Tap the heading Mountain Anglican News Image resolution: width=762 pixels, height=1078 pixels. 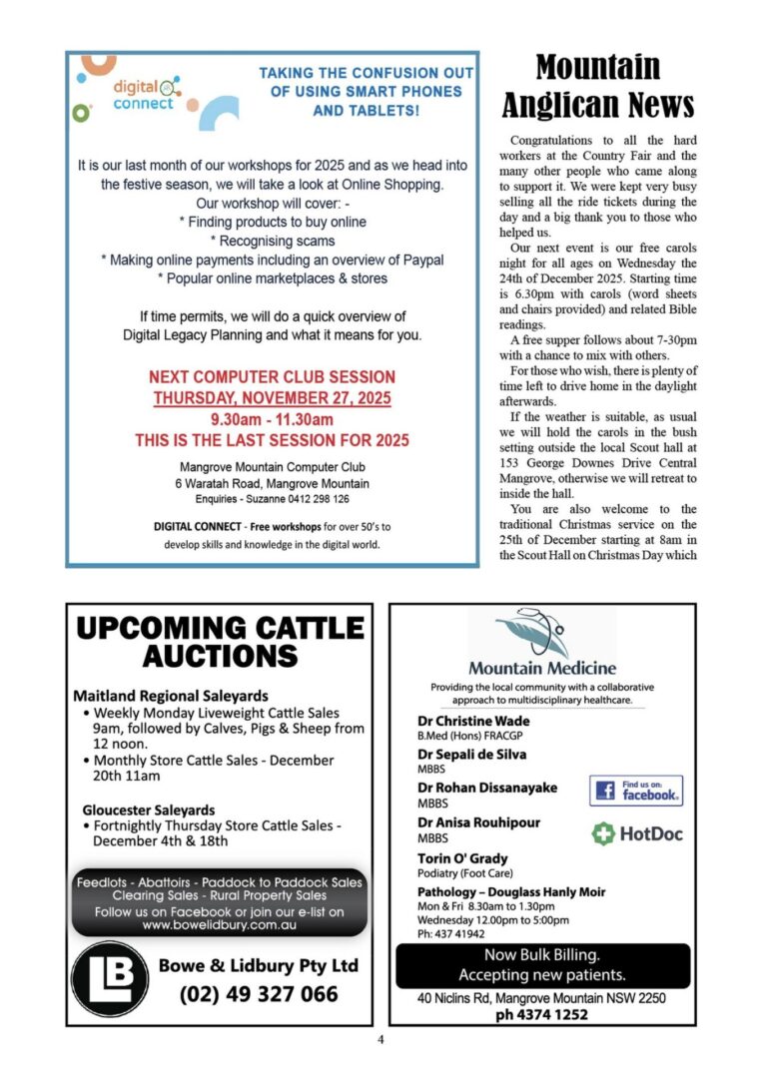coord(597,86)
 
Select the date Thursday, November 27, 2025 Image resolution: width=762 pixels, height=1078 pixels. coord(272,398)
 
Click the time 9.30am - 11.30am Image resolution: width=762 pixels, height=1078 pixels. coord(272,419)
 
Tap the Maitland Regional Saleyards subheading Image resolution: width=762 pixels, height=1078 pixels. coord(170,695)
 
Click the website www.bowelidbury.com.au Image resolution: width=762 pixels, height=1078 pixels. coord(219,925)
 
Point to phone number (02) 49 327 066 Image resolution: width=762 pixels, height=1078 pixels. coord(259,994)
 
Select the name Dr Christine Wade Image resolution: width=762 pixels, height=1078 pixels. coord(473,721)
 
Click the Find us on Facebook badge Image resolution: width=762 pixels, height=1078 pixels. coord(636,791)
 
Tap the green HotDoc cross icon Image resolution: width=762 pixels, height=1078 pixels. coord(602,833)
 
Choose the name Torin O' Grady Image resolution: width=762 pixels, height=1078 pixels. coord(462,858)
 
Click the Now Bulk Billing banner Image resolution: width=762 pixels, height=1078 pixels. coord(542,965)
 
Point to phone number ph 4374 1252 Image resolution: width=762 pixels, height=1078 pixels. coord(542,1015)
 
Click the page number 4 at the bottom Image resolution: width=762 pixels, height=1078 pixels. coord(381,1039)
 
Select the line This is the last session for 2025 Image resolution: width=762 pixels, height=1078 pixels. coord(272,440)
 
